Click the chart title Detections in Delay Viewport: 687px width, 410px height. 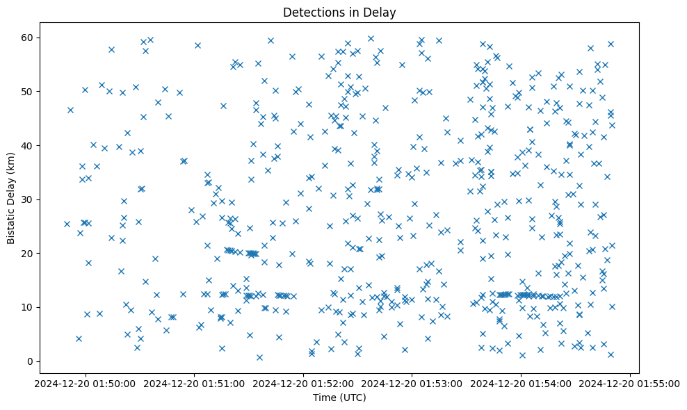pyautogui.click(x=339, y=13)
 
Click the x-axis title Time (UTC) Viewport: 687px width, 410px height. pyautogui.click(x=339, y=397)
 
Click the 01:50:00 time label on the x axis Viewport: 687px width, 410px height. pyautogui.click(x=85, y=382)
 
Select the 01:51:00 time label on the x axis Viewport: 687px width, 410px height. pyautogui.click(x=194, y=382)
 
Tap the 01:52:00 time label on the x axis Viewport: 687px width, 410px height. pyautogui.click(x=303, y=382)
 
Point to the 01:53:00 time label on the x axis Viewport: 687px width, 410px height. pyautogui.click(x=412, y=382)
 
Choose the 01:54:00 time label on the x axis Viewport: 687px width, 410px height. pyautogui.click(x=521, y=382)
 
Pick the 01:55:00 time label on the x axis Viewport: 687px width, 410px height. pyautogui.click(x=630, y=382)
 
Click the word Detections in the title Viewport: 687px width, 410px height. pyautogui.click(x=310, y=13)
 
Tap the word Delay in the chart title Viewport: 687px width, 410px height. pyautogui.click(x=382, y=13)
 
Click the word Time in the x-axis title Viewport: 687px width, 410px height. pyautogui.click(x=324, y=397)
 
